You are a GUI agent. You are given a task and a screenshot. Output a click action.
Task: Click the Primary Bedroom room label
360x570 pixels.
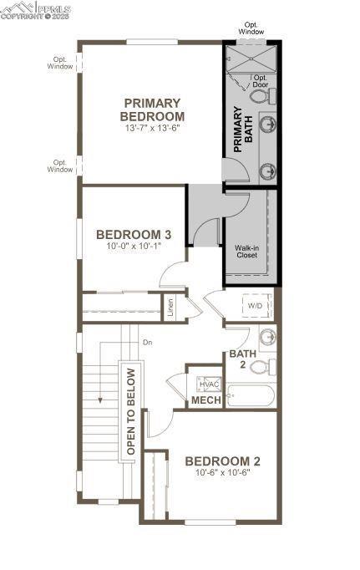pyautogui.click(x=152, y=109)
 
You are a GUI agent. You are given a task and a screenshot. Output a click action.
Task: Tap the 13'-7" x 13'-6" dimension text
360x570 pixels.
pyautogui.click(x=153, y=128)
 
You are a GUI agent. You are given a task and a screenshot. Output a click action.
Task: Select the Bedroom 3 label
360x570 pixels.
pyautogui.click(x=134, y=235)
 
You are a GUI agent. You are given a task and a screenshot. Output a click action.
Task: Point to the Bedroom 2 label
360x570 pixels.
pyautogui.click(x=223, y=461)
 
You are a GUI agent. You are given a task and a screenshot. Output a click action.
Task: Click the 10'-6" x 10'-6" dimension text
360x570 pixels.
pyautogui.click(x=223, y=473)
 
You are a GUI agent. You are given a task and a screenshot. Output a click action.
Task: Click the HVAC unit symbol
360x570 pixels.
pyautogui.click(x=209, y=384)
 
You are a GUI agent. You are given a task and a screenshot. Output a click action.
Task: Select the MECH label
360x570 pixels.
pyautogui.click(x=206, y=400)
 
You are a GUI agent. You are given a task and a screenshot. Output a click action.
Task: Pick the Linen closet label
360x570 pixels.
pyautogui.click(x=170, y=308)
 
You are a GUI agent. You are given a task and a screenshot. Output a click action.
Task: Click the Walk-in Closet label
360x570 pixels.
pyautogui.click(x=247, y=252)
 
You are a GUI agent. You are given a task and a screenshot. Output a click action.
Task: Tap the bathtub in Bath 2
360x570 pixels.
pyautogui.click(x=251, y=396)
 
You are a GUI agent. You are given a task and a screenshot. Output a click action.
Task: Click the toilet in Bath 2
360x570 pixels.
pyautogui.click(x=263, y=367)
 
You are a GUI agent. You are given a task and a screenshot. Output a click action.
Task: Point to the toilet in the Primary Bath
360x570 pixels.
pyautogui.click(x=263, y=96)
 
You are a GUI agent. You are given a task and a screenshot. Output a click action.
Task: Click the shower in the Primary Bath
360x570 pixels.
pyautogui.click(x=251, y=59)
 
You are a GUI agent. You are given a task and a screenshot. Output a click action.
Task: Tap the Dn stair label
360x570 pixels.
pyautogui.click(x=147, y=343)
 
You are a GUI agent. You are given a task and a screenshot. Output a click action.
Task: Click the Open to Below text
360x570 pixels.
pyautogui.click(x=131, y=411)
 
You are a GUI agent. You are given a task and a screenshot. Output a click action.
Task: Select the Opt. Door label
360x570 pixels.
pyautogui.click(x=260, y=81)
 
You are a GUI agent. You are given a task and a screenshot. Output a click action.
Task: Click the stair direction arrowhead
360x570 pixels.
pyautogui.click(x=100, y=400)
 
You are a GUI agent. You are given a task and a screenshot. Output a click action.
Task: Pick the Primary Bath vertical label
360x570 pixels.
pyautogui.click(x=243, y=129)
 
